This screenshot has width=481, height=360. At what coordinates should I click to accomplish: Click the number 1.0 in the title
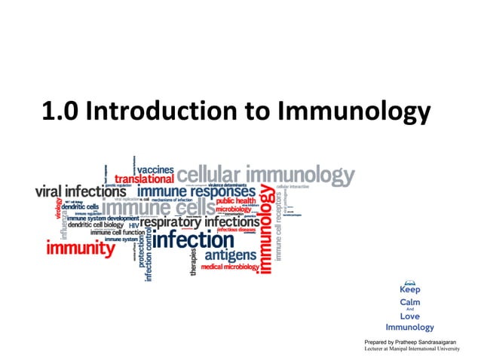[x=61, y=112]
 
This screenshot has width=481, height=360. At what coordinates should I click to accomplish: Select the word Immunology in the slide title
[x=354, y=112]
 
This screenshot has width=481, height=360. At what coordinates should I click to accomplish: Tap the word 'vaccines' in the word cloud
[x=155, y=169]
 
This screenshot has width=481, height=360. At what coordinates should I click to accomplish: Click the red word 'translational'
[x=143, y=180]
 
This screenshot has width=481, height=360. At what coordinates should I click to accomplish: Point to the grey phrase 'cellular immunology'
[x=265, y=175]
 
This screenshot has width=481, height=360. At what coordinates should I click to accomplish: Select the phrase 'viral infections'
[x=80, y=191]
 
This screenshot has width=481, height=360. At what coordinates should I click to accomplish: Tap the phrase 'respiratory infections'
[x=200, y=223]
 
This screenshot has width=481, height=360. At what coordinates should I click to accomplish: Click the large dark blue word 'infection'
[x=194, y=241]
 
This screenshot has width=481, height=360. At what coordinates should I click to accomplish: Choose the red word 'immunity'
[x=81, y=247]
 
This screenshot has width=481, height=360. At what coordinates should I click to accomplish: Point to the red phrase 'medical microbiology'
[x=230, y=267]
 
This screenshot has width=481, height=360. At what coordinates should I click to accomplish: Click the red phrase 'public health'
[x=236, y=201]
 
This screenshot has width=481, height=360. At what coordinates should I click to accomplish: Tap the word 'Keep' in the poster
[x=410, y=289]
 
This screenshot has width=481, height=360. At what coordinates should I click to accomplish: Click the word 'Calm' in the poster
[x=410, y=302]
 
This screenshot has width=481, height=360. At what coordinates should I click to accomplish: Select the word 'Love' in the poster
[x=410, y=316]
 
